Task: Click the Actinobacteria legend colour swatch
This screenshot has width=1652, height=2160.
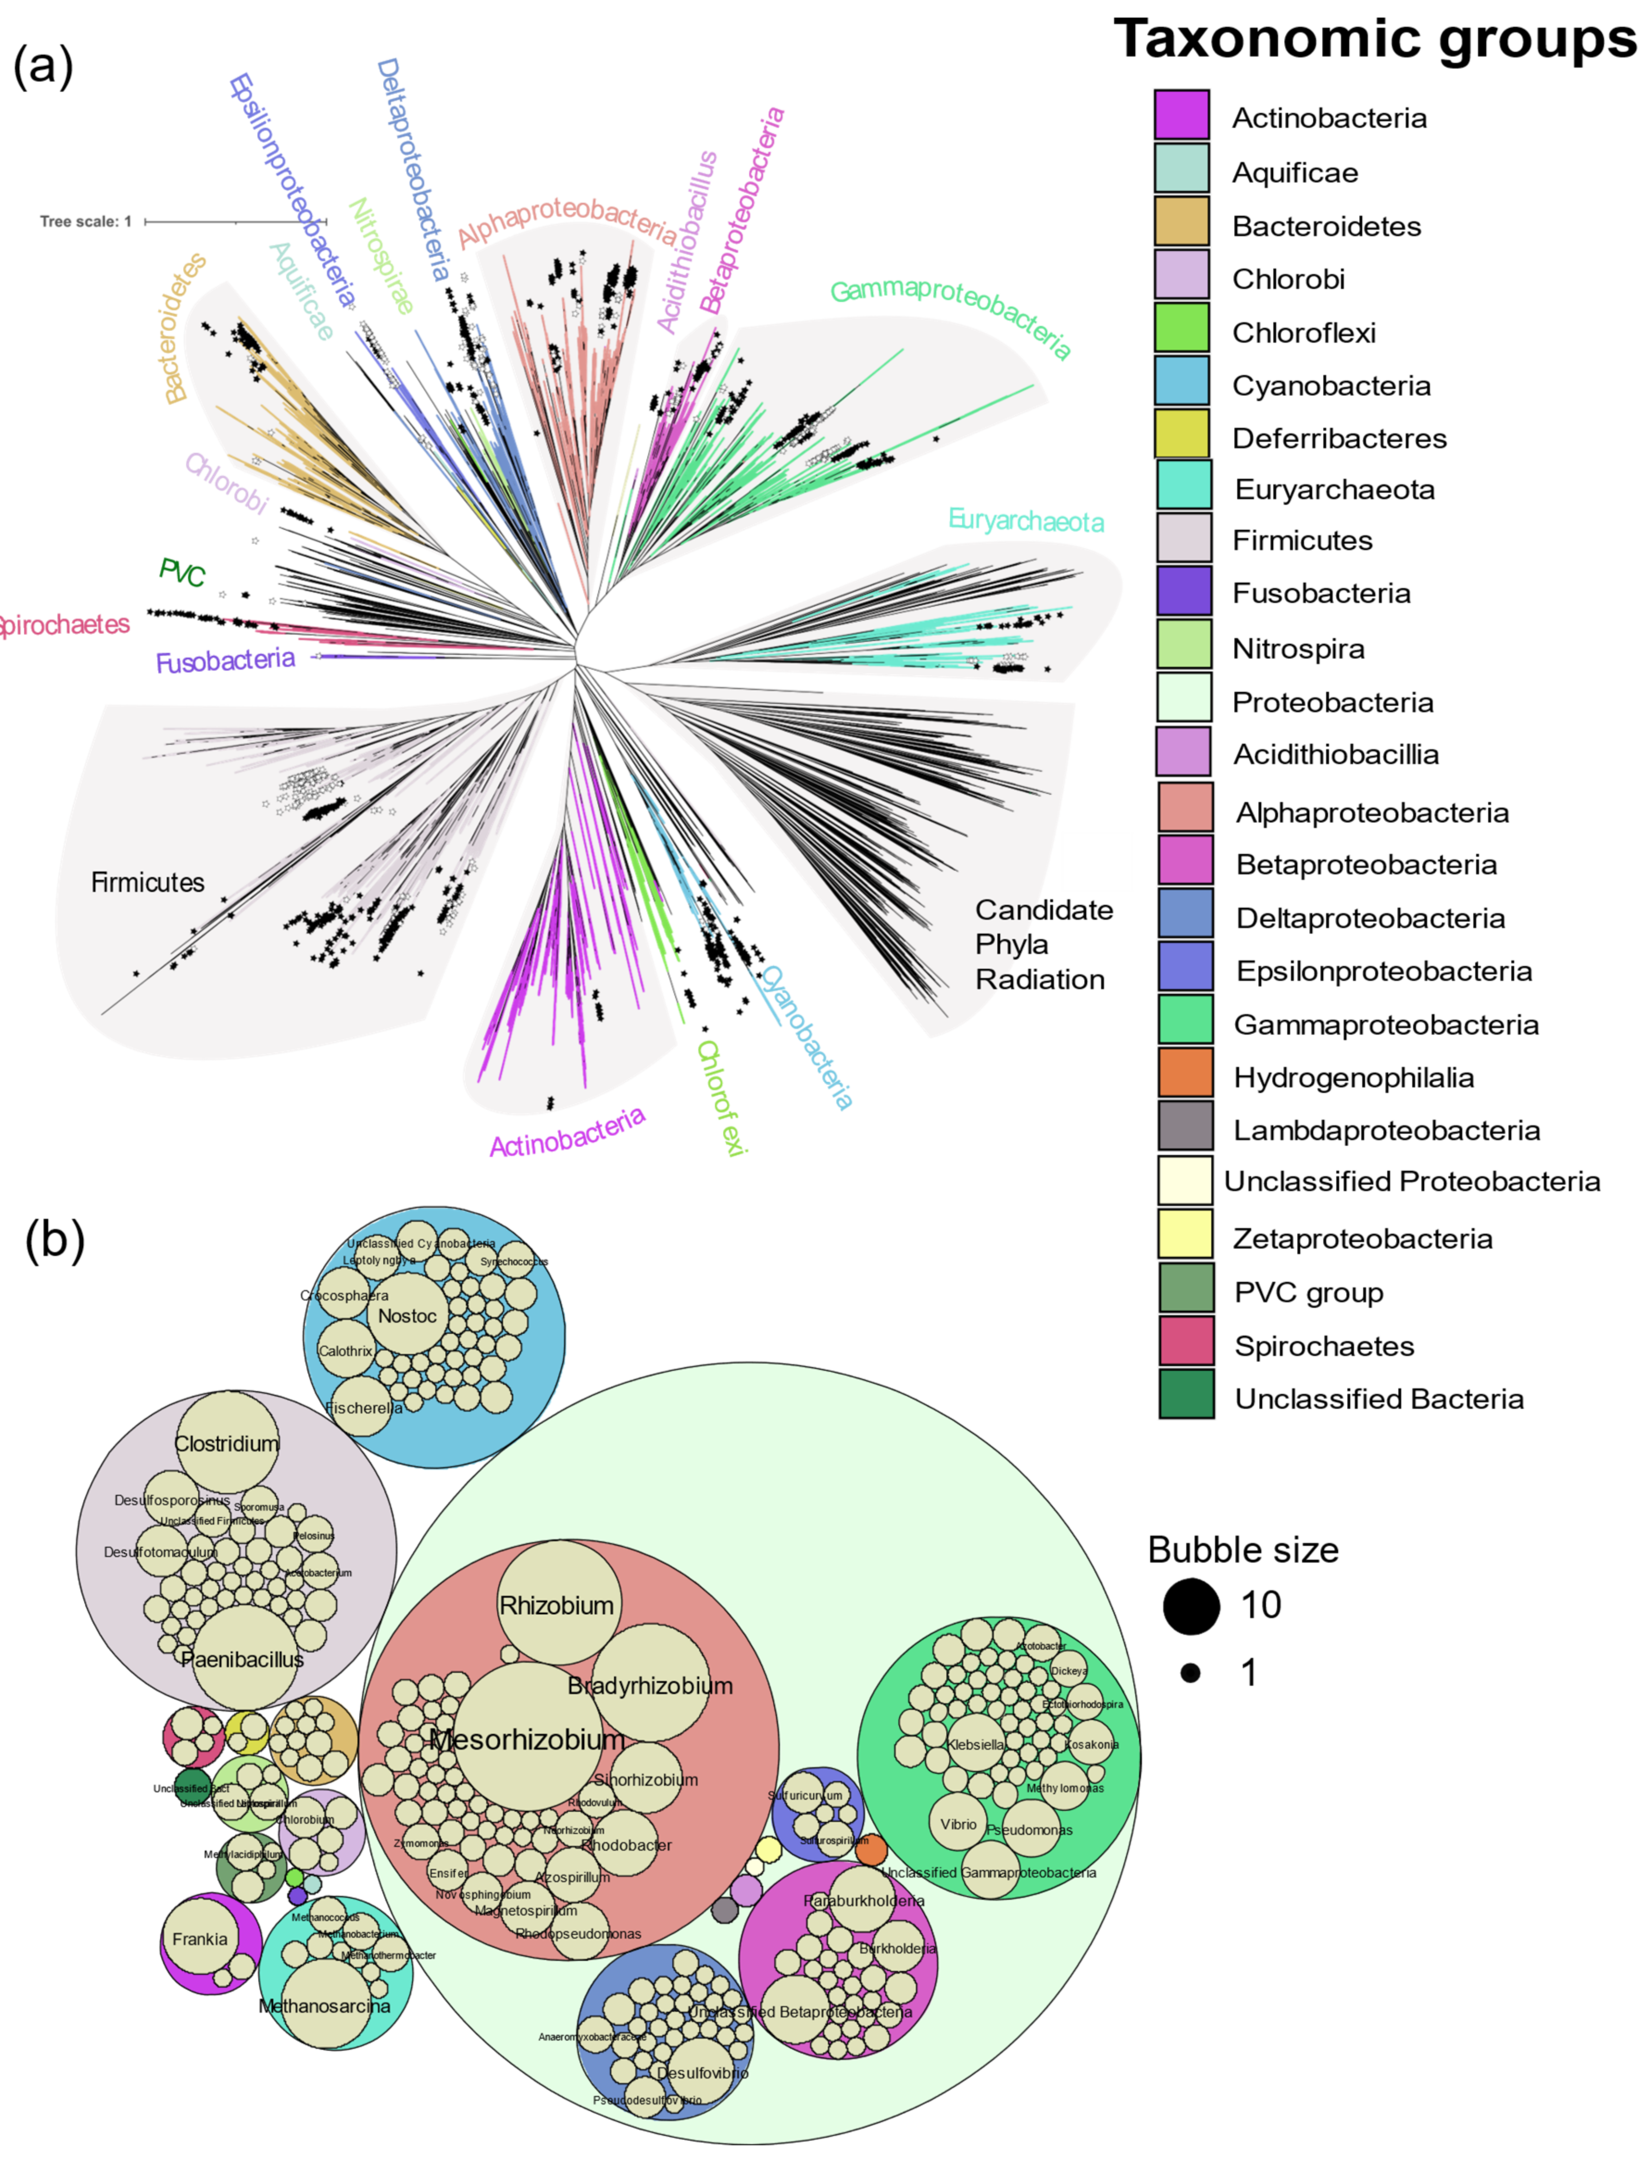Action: [1181, 115]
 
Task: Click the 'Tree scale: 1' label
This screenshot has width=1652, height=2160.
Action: [86, 221]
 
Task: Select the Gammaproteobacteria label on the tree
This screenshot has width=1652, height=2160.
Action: [950, 317]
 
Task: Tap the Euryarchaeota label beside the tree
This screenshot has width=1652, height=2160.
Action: [1026, 521]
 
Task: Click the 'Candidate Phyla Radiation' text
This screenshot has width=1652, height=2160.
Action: [1042, 944]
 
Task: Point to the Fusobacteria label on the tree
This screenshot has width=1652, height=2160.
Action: [225, 660]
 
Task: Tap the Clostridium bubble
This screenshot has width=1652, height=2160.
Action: [227, 1441]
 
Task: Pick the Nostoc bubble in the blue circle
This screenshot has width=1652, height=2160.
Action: [407, 1315]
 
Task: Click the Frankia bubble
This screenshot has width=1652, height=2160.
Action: [200, 1938]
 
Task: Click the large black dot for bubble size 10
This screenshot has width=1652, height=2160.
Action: [1191, 1605]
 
